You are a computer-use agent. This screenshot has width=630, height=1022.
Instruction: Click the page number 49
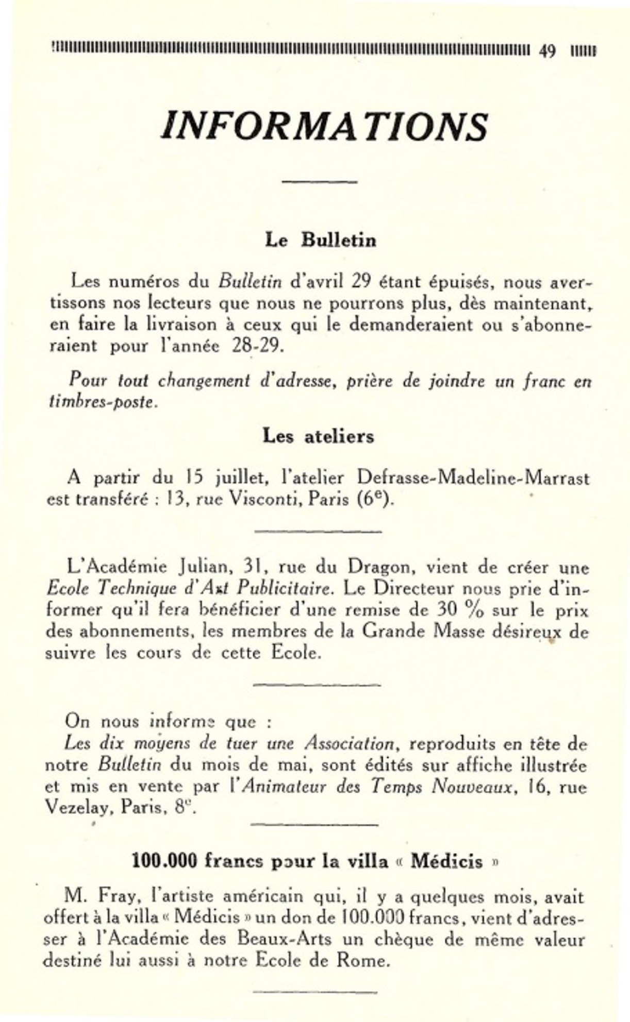547,51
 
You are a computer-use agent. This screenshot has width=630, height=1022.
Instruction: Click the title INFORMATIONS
324,127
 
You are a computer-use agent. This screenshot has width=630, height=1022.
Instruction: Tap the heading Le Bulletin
320,240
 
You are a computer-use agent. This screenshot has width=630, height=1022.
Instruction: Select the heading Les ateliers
318,436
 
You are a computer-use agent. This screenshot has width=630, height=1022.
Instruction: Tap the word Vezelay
79,808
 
